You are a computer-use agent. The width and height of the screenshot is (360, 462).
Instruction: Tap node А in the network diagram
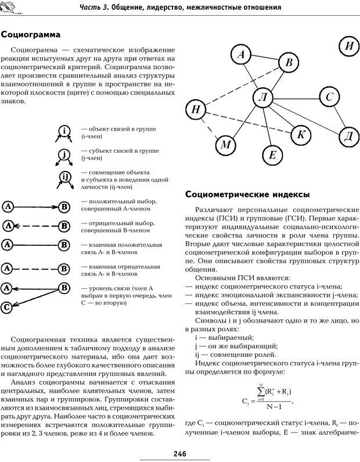click(241, 55)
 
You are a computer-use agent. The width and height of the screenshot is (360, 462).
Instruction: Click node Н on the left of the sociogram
click(196, 109)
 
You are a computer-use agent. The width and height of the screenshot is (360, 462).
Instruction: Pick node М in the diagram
click(228, 145)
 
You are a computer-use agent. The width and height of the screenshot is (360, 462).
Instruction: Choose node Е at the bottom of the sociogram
click(271, 154)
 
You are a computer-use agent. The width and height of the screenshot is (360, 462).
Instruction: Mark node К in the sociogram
click(301, 135)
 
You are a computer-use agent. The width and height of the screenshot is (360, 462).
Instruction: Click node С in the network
click(329, 97)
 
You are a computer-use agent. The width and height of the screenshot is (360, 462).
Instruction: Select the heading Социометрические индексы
click(246, 194)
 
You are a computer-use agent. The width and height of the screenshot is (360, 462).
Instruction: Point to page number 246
click(179, 453)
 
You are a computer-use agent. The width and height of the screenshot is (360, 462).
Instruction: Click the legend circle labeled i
click(65, 130)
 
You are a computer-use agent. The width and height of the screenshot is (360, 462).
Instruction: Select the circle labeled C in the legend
click(8, 307)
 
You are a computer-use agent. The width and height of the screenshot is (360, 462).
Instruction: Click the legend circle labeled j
click(65, 153)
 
